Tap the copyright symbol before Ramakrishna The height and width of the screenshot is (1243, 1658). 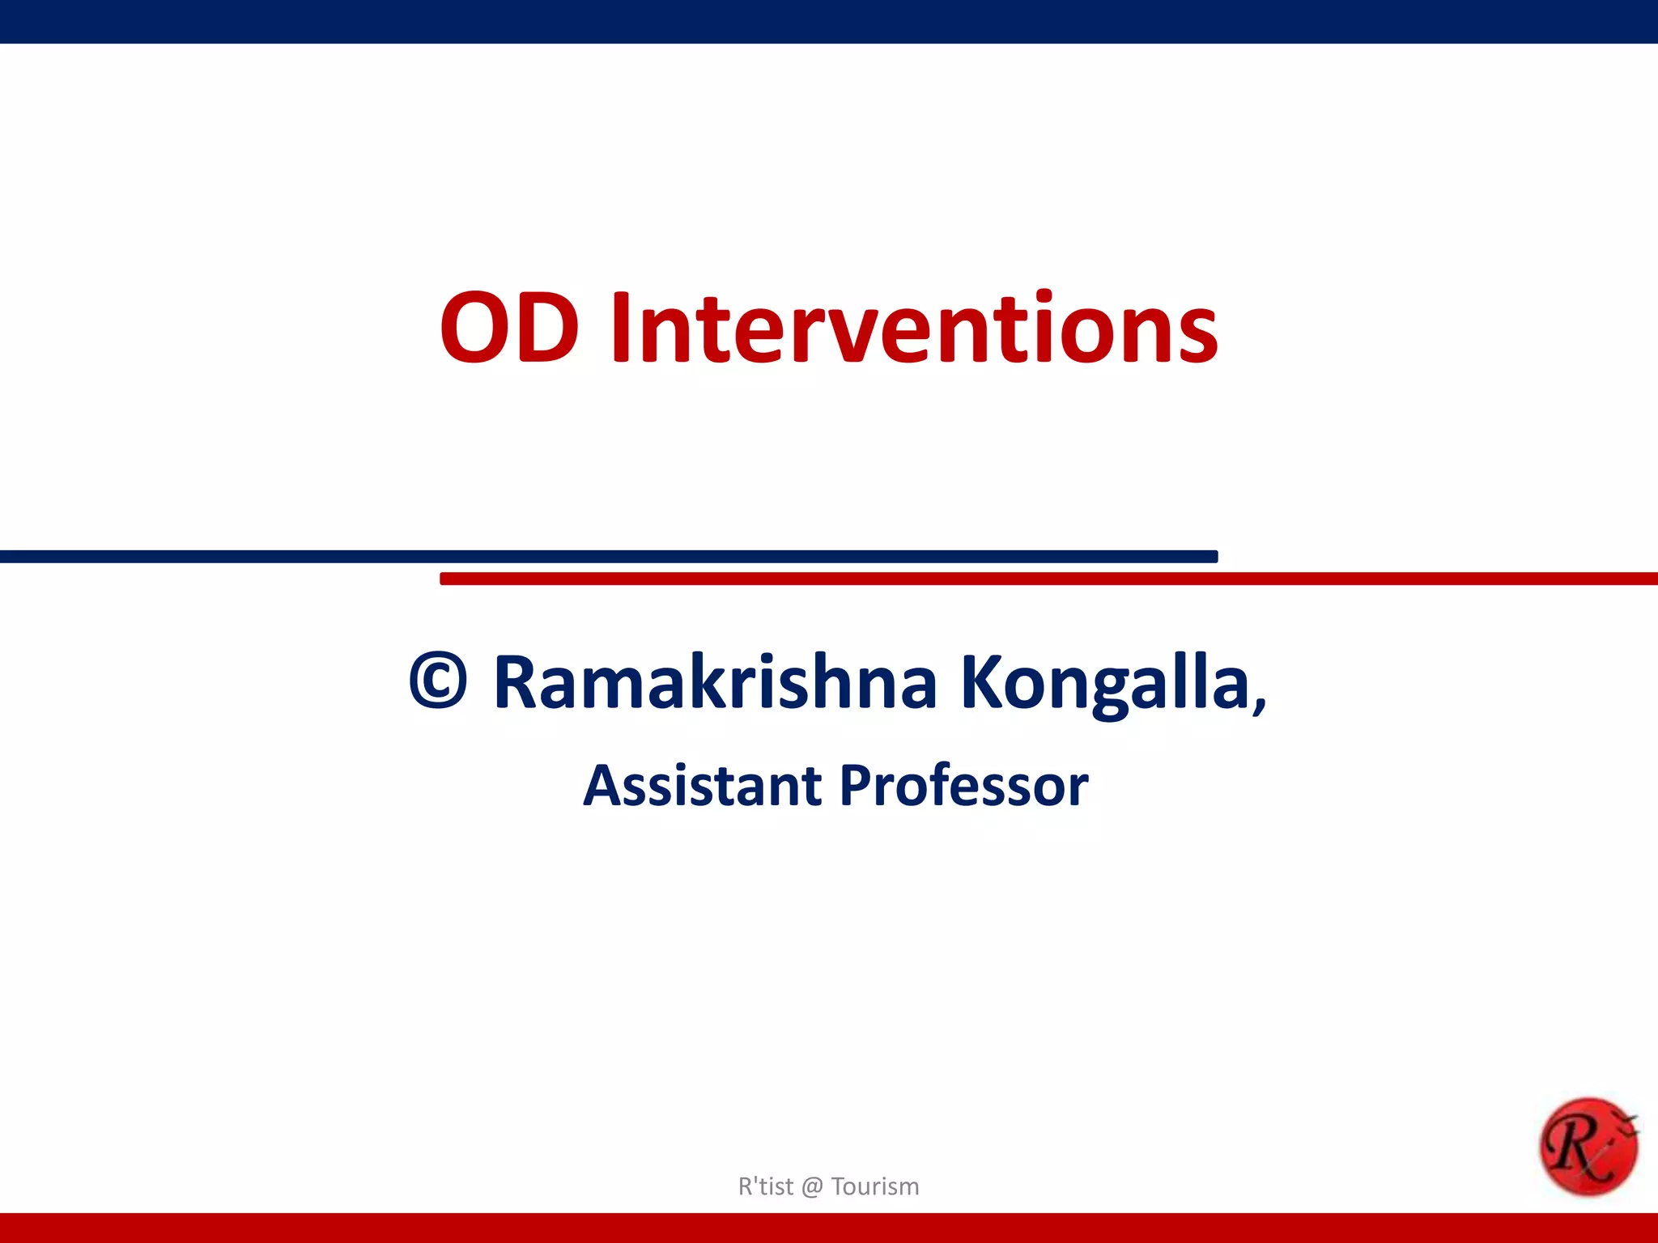coord(438,681)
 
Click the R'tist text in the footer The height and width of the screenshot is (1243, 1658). coord(765,1186)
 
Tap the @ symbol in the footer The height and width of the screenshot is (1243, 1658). coord(812,1187)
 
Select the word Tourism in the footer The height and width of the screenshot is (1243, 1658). coord(875,1186)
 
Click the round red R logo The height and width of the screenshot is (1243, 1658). coord(1588,1147)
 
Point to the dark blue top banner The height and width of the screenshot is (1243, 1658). coord(829,21)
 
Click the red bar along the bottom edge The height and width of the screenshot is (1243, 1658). coord(829,1228)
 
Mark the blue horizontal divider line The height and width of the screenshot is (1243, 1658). coord(607,556)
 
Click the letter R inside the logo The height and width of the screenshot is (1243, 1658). coord(1575,1144)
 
